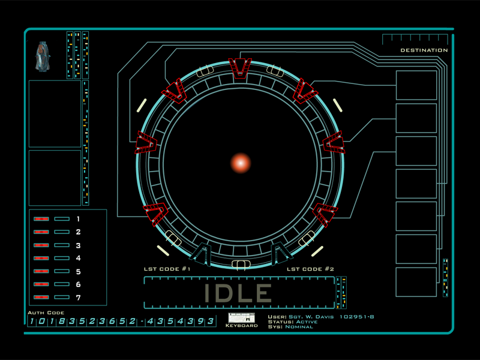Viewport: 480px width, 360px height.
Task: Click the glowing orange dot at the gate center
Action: coord(241,163)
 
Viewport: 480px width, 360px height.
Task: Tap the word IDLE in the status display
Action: coord(238,293)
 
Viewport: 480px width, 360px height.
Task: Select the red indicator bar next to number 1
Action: coord(41,219)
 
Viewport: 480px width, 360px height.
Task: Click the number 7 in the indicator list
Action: coord(79,298)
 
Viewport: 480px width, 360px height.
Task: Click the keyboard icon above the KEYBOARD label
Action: coord(242,318)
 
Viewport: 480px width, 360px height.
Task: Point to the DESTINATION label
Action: coord(424,50)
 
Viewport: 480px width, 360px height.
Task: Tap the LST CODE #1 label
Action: coord(167,269)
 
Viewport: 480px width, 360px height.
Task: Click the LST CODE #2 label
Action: coord(310,269)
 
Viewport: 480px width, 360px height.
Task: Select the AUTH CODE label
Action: coord(46,313)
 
